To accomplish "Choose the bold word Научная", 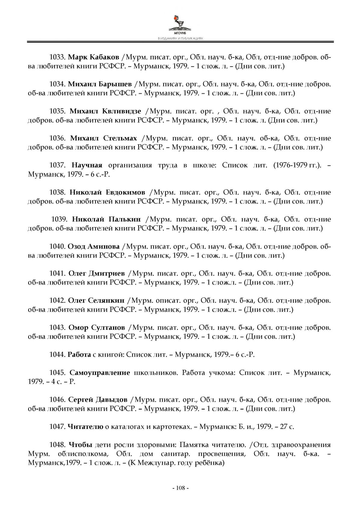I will [x=87, y=165].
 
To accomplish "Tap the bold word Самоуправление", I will [x=100, y=373].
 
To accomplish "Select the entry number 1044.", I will [x=57, y=355].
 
